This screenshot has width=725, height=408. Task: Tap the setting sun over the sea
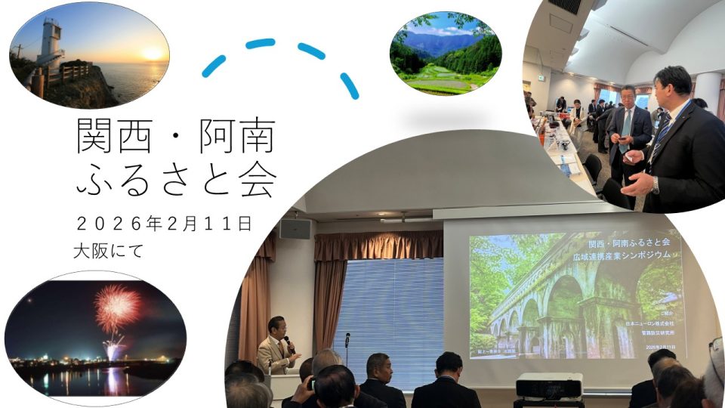tap(153, 54)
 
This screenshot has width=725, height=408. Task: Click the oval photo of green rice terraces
tap(446, 53)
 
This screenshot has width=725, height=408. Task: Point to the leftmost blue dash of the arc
tap(214, 66)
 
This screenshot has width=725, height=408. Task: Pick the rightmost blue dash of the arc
tap(349, 85)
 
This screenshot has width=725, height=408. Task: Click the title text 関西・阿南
tap(174, 137)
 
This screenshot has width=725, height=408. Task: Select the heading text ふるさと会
tap(176, 178)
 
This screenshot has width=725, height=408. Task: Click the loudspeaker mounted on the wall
tap(295, 228)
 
